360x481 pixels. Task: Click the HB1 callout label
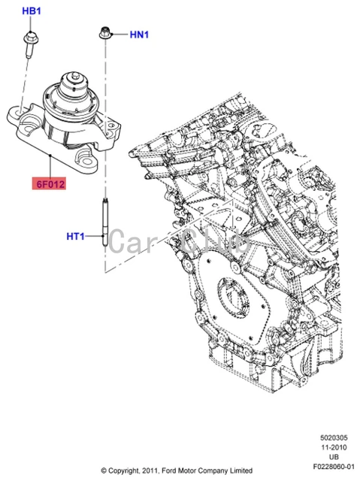(x=32, y=12)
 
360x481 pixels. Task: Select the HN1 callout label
(x=141, y=34)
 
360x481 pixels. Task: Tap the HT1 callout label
(x=77, y=236)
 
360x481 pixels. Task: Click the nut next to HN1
(x=105, y=33)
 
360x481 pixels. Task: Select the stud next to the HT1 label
(x=104, y=225)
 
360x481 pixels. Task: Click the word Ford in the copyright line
(x=177, y=471)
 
